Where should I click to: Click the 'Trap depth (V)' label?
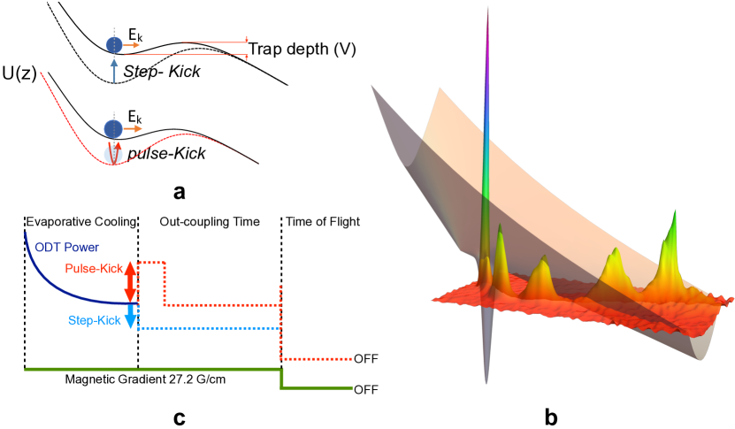(x=302, y=50)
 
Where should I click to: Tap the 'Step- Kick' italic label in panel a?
(x=161, y=70)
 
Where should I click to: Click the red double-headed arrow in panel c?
(x=129, y=280)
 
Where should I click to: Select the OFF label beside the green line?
(x=365, y=389)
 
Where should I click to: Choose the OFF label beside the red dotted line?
(x=365, y=359)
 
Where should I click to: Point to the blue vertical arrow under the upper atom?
(x=114, y=69)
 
